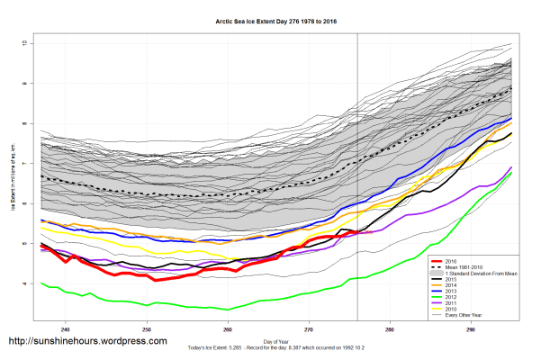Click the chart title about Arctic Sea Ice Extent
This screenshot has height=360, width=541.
270,21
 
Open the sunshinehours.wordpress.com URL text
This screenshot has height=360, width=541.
86,343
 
